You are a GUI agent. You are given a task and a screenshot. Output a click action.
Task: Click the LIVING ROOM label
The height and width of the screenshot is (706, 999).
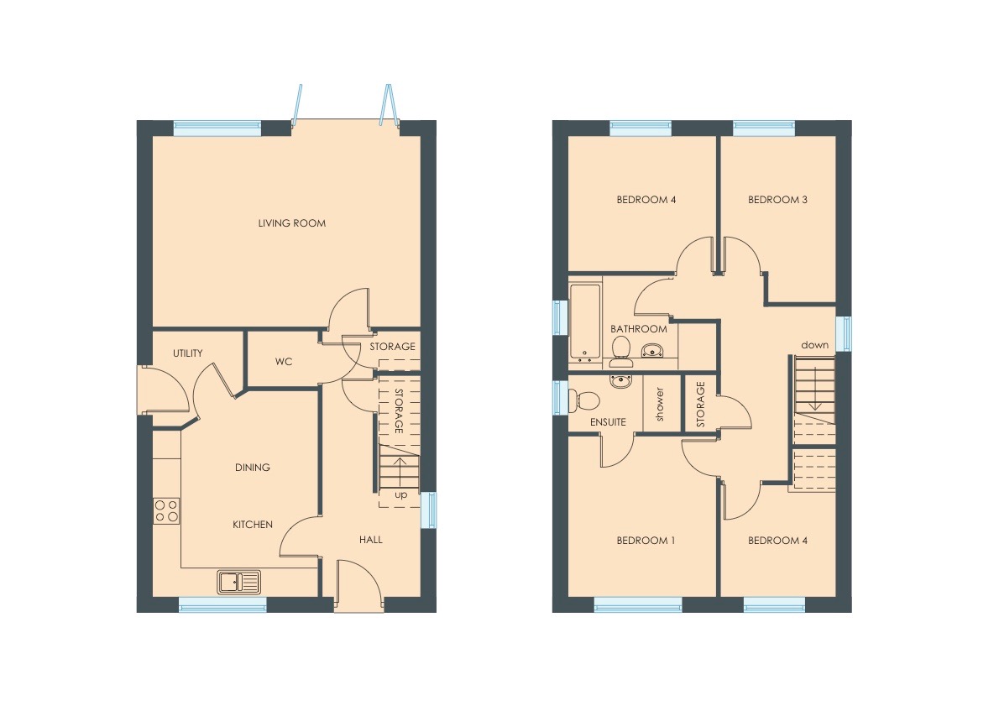[x=291, y=223]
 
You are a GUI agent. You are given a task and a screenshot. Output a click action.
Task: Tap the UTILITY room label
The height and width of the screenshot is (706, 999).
[x=187, y=353]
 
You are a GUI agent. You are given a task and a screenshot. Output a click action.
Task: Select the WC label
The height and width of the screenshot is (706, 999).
[x=283, y=362]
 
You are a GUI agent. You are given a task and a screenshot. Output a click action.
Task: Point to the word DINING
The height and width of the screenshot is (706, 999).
[x=252, y=468]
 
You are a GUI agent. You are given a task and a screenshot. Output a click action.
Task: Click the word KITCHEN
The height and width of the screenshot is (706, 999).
[x=252, y=525]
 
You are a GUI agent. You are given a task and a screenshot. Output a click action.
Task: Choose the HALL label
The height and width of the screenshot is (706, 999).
[x=370, y=540]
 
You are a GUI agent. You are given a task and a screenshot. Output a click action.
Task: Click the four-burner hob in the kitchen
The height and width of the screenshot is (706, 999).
[x=166, y=510]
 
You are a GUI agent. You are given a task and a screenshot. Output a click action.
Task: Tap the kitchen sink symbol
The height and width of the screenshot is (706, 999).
[x=239, y=580]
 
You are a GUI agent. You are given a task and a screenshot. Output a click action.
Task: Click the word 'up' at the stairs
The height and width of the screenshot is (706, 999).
[x=400, y=495]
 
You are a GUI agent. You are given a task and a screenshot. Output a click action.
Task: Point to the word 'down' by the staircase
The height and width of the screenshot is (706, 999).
[x=814, y=345]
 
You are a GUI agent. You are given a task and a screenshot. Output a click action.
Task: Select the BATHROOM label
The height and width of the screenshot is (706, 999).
[x=638, y=329]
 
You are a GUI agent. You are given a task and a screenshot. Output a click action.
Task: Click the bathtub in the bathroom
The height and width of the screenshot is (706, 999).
[x=584, y=322]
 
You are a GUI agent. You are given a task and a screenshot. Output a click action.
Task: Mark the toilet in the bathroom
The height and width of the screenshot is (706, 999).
[x=621, y=352]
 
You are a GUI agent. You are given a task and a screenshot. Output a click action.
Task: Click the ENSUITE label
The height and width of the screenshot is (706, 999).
[x=608, y=422]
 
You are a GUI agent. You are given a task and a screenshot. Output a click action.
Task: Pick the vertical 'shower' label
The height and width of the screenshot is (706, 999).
[x=660, y=405]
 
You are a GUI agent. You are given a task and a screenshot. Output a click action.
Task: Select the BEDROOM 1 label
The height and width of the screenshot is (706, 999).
[x=645, y=541]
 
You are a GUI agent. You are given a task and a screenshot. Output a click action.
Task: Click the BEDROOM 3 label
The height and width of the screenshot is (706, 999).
[x=777, y=200]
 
